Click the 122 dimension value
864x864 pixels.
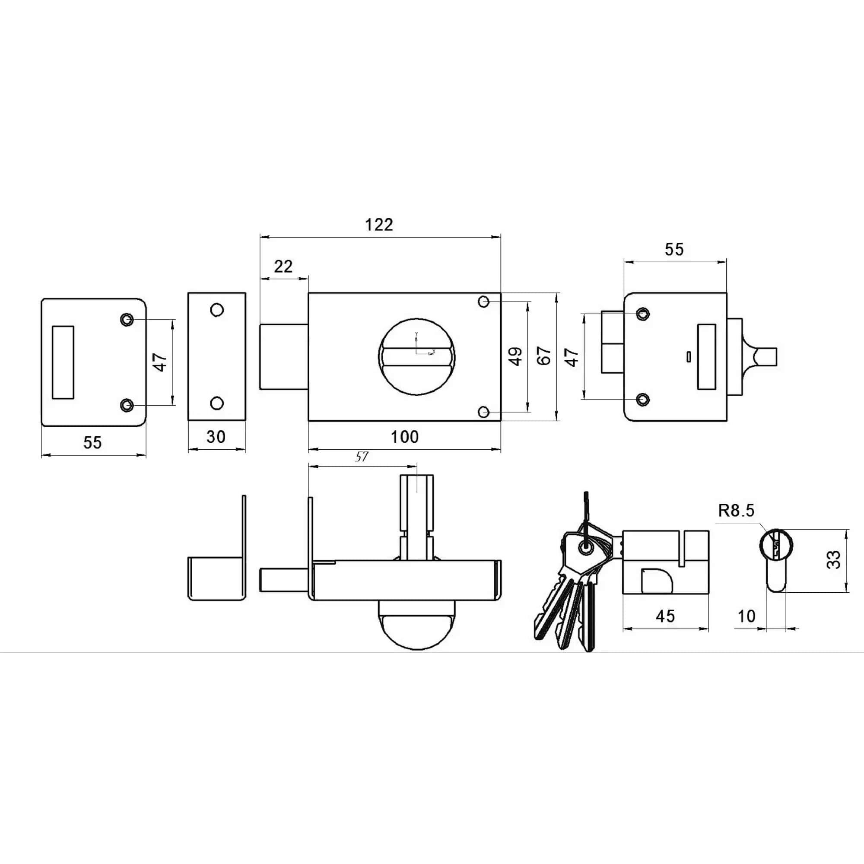pos(379,225)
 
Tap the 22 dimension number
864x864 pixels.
pos(283,267)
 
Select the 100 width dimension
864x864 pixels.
pos(405,436)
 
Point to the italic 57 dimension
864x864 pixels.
pos(361,457)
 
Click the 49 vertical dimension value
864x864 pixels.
pos(516,356)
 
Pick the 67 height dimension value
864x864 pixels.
pos(544,356)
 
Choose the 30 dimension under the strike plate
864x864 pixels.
pos(216,436)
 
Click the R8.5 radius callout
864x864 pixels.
pos(736,510)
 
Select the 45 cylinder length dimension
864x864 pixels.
pos(665,616)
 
